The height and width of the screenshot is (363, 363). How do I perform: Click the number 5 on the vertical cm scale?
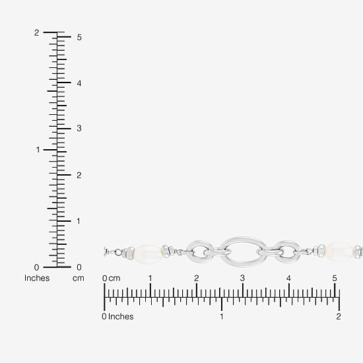[79, 37]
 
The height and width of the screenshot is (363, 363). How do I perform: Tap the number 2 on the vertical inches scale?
[36, 32]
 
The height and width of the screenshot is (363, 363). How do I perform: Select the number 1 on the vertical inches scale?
[38, 150]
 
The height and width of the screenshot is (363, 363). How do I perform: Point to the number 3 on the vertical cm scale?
[79, 128]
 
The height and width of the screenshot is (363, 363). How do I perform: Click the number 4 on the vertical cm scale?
[79, 83]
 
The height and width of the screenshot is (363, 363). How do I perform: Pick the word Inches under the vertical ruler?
[37, 278]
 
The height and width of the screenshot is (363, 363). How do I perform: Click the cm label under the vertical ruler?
[79, 279]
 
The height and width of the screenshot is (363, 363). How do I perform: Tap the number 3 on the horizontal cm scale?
[242, 278]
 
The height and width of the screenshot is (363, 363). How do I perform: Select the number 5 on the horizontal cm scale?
[335, 278]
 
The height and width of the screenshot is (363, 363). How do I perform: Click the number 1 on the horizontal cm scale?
[150, 278]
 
